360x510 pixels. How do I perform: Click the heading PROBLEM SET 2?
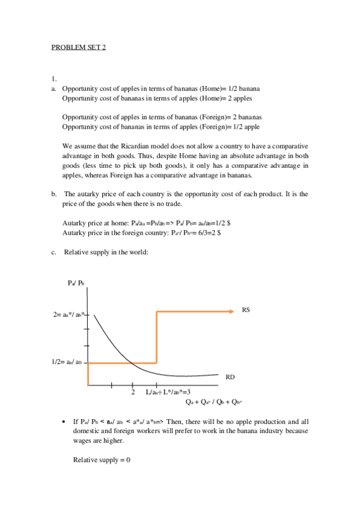78,48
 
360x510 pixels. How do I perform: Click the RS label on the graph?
246,310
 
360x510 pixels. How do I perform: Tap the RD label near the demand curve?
230,377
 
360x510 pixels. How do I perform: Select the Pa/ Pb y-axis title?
76,283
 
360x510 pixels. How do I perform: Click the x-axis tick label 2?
133,392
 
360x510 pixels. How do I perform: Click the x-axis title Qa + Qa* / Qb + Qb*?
214,402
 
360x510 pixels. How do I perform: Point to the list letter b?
53,194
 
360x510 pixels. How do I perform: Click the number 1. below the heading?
53,79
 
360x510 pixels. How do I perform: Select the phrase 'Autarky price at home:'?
95,223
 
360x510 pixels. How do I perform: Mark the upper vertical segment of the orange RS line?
156,337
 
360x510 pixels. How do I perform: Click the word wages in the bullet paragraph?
82,441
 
